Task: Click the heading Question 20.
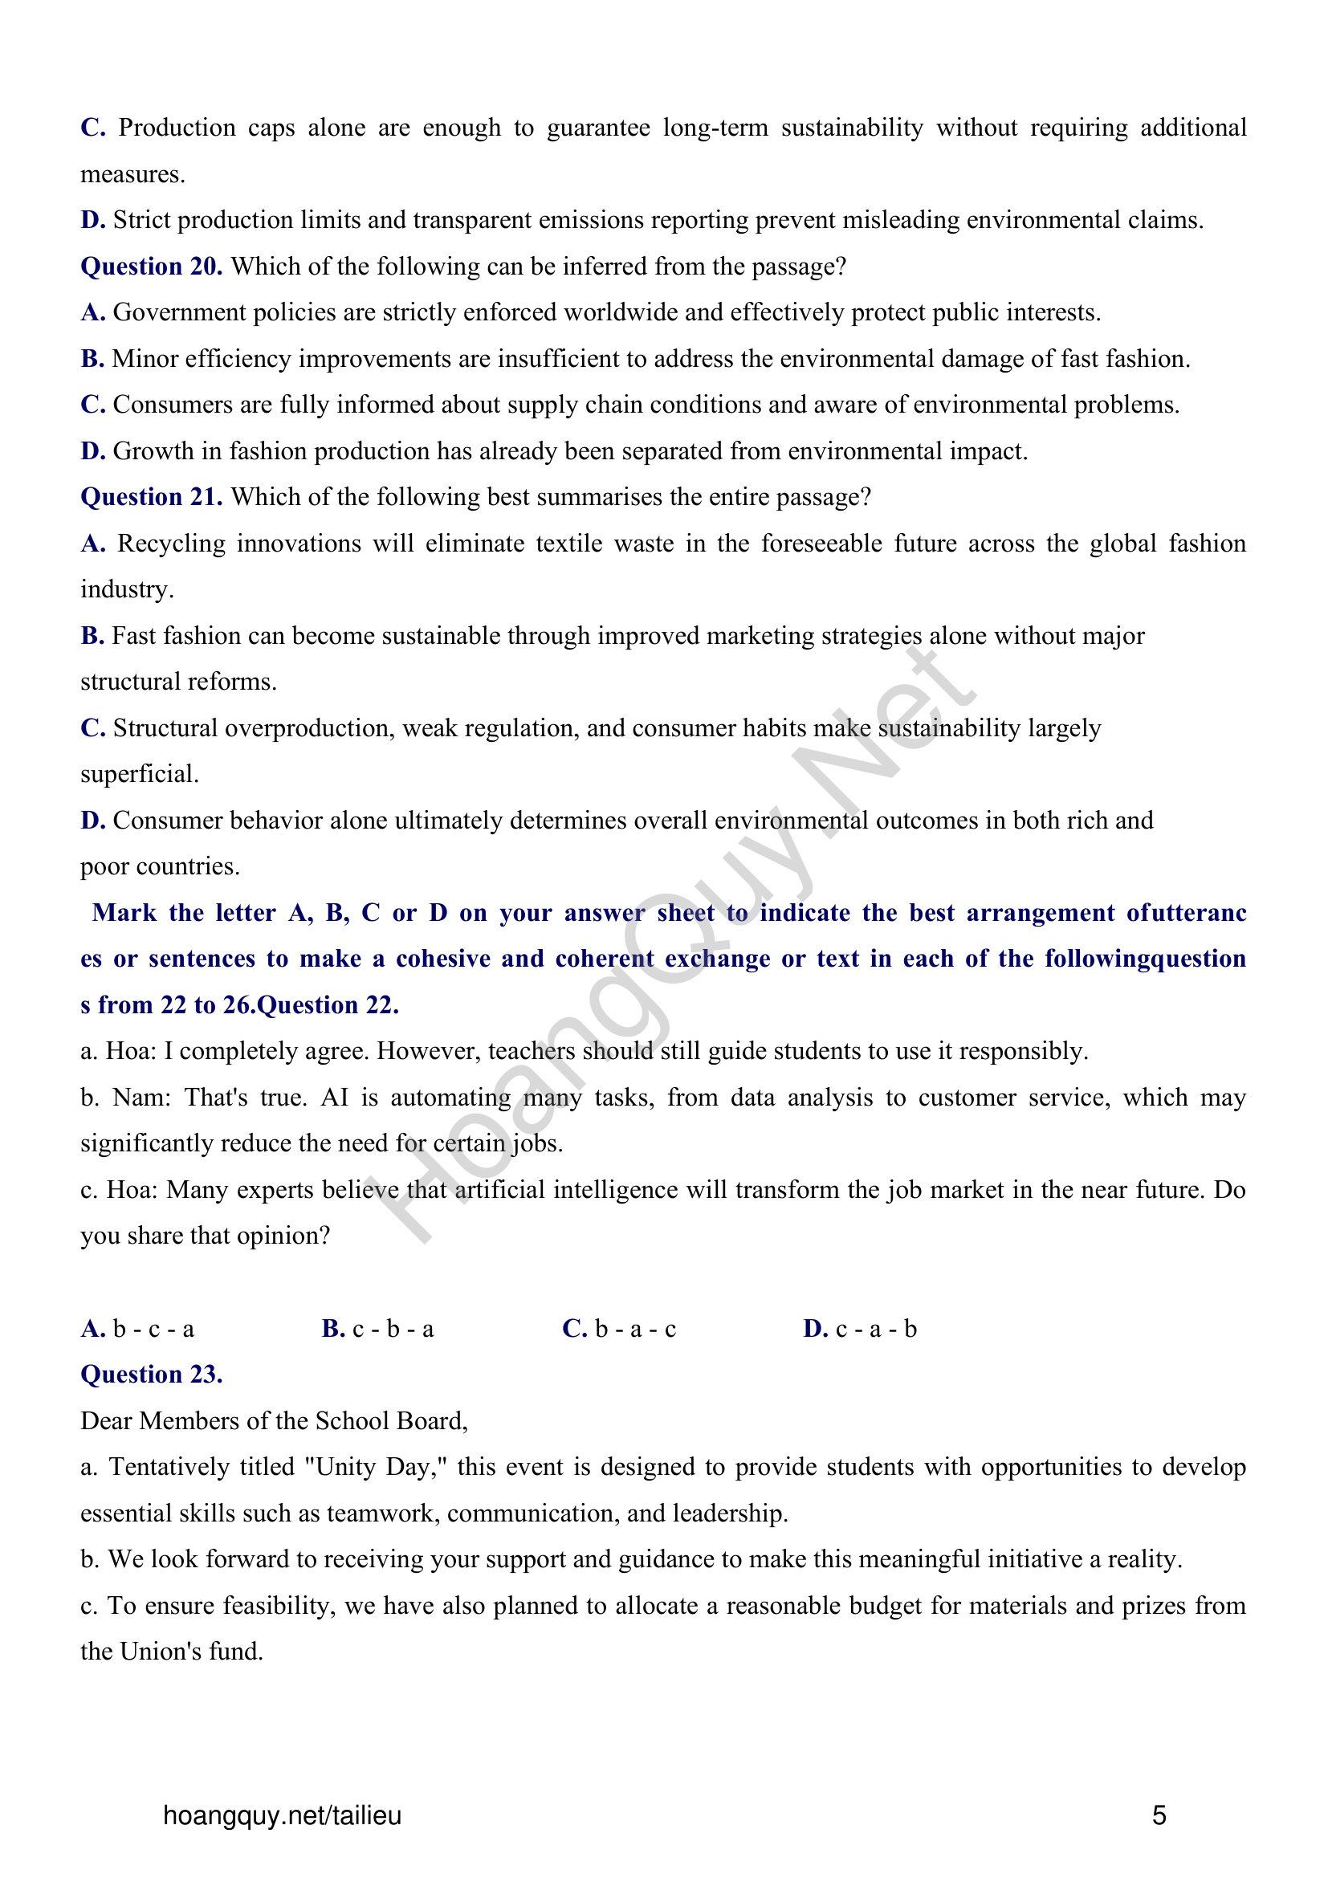coord(151,267)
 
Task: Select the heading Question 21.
coord(151,497)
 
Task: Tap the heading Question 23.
coord(151,1375)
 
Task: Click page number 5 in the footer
coord(1159,1816)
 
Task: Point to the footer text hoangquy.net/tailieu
coord(282,1816)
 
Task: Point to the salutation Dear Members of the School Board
coord(273,1422)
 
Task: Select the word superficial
coord(139,775)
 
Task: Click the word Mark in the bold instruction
coord(124,913)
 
